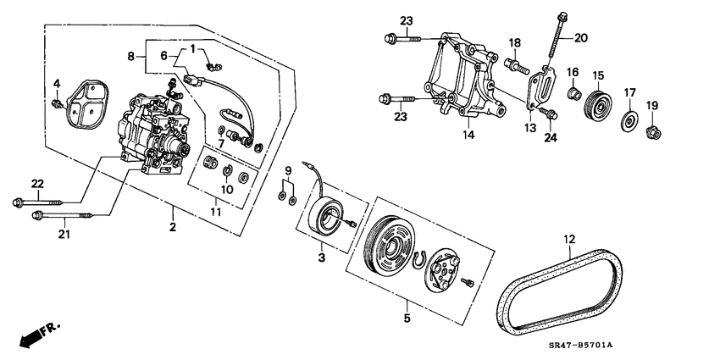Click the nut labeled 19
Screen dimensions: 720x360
click(x=653, y=133)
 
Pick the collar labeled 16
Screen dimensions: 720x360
click(x=574, y=95)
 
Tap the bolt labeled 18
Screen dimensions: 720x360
click(x=517, y=66)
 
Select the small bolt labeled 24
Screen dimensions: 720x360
click(x=547, y=113)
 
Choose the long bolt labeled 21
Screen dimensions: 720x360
click(x=62, y=214)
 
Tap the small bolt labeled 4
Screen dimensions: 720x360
click(x=58, y=104)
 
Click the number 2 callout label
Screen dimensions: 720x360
click(x=173, y=226)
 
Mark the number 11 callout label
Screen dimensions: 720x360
click(x=216, y=212)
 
